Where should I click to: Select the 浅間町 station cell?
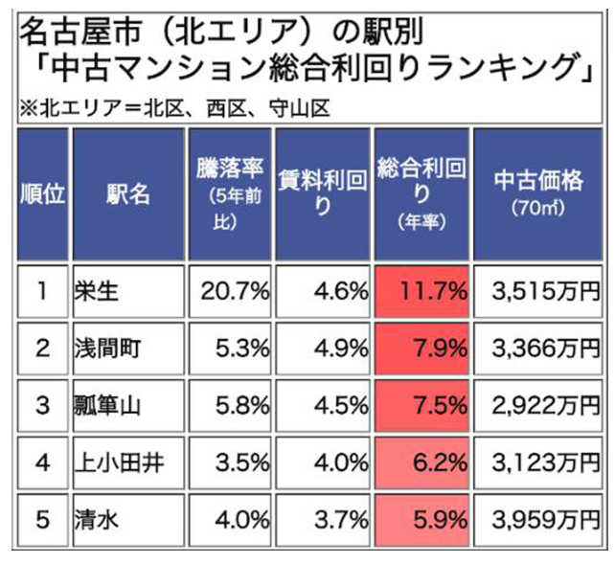tap(107, 348)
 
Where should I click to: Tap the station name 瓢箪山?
tap(107, 405)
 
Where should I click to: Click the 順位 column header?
tap(42, 193)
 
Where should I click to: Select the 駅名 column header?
tap(127, 193)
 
